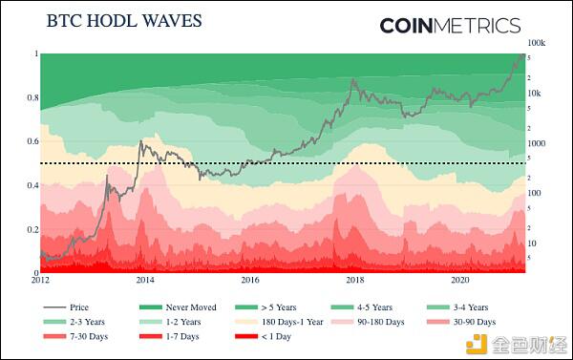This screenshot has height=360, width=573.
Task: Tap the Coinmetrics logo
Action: pos(450,26)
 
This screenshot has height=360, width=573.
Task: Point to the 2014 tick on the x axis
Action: pos(145,281)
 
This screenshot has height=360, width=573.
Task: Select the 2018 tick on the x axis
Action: pos(354,281)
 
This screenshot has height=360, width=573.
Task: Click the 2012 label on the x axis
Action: pos(40,281)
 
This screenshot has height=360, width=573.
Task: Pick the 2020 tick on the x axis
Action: pos(459,281)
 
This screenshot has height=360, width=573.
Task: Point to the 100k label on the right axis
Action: pos(536,44)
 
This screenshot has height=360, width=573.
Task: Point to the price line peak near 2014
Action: pos(141,142)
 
